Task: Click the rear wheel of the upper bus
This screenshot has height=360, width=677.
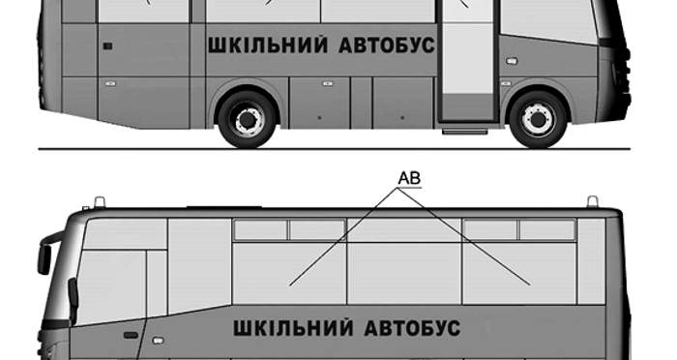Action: click(247, 119)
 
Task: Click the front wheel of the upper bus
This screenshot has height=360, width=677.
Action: click(538, 119)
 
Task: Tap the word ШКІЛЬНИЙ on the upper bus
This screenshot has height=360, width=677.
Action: click(268, 45)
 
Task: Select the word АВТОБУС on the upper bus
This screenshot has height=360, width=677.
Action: click(387, 45)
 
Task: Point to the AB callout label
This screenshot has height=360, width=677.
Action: click(409, 178)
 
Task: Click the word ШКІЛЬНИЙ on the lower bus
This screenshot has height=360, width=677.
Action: click(294, 328)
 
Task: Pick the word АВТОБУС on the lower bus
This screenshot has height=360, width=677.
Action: click(412, 328)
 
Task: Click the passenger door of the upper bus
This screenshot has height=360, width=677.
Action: click(468, 61)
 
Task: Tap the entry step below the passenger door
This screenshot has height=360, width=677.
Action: click(464, 131)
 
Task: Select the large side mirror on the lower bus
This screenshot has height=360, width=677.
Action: click(44, 259)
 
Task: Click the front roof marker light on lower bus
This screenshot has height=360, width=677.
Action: click(100, 201)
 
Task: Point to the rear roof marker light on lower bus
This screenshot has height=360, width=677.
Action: click(592, 201)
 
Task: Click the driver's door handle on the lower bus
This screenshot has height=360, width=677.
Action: click(131, 335)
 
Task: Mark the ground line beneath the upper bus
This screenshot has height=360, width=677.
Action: click(335, 149)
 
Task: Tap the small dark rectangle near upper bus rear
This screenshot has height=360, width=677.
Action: click(108, 45)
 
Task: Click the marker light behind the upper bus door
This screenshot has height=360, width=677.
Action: click(512, 61)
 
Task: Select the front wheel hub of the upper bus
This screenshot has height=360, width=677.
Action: click(539, 119)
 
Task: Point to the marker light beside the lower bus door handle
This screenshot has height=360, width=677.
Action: click(158, 341)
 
